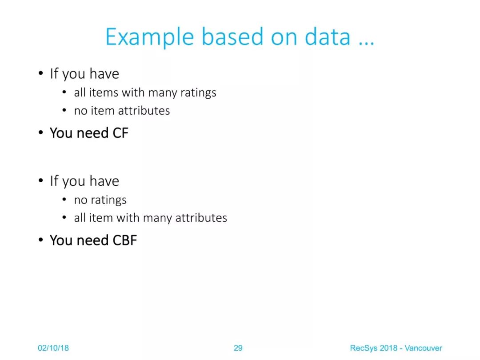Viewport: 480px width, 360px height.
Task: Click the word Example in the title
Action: click(150, 37)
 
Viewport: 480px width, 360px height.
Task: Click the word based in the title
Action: click(232, 36)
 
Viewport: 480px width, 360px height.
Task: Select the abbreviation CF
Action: click(120, 133)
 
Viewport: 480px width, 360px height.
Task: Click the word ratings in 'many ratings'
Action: click(198, 93)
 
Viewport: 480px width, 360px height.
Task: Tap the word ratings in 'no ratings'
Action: click(109, 200)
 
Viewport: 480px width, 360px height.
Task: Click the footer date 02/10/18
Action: click(53, 348)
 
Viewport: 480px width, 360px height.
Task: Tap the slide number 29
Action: click(238, 348)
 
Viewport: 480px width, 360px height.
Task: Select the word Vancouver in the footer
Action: click(424, 348)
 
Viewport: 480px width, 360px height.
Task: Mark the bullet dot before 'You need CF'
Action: click(41, 133)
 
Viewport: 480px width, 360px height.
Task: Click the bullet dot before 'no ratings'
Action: click(64, 200)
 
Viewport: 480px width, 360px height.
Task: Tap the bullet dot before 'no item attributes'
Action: click(64, 111)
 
